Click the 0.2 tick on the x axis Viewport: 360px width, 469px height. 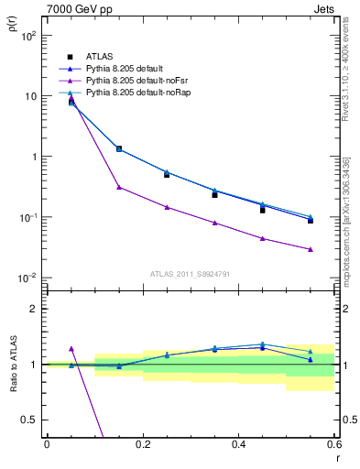click(x=143, y=443)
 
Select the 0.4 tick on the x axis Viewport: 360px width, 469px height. click(x=239, y=443)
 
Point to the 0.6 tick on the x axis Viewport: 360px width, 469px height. click(x=334, y=443)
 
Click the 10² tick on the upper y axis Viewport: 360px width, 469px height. click(x=29, y=36)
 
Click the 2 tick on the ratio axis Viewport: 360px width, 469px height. click(x=34, y=309)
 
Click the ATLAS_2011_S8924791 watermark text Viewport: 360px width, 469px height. click(x=190, y=273)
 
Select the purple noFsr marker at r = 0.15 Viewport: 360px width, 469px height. click(x=119, y=187)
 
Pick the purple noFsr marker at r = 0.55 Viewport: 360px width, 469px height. click(x=311, y=249)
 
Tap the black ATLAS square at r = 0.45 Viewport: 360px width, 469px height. click(x=262, y=210)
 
